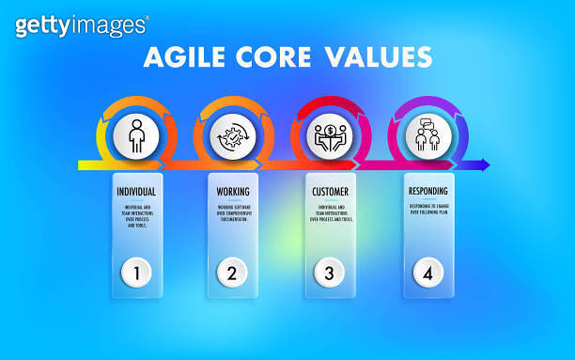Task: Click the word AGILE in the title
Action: tap(183, 57)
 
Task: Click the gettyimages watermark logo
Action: tap(81, 25)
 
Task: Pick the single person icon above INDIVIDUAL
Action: tap(136, 136)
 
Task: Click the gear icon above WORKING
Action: tap(232, 136)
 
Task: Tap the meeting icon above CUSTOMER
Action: tap(330, 136)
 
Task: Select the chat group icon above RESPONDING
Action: tap(427, 136)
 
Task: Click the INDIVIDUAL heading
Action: tap(136, 192)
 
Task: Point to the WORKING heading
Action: tap(232, 192)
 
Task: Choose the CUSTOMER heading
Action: tap(330, 192)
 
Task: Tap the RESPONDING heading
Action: tap(428, 192)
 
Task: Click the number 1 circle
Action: tap(136, 274)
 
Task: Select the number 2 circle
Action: tap(232, 274)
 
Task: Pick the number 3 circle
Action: tap(330, 274)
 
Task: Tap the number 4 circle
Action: tap(428, 274)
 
